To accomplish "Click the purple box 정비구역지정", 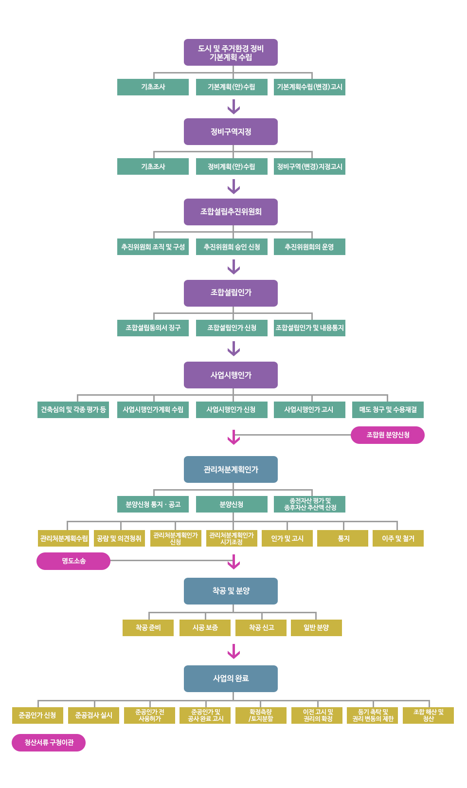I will (x=231, y=132).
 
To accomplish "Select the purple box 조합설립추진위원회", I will (x=231, y=212).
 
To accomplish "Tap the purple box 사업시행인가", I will (x=231, y=375).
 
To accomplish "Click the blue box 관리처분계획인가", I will (x=231, y=470).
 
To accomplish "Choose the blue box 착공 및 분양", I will (x=231, y=591).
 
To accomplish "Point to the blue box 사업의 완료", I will (x=231, y=678).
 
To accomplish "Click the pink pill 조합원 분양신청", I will (x=388, y=435).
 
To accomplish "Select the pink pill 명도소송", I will (x=73, y=561).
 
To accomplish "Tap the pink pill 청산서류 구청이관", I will (x=49, y=743).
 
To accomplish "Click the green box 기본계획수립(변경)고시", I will (x=309, y=87).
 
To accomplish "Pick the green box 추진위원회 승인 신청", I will (x=232, y=247).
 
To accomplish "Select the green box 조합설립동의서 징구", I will (x=153, y=328).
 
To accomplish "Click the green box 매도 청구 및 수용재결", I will (x=388, y=410).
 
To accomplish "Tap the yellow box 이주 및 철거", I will (x=398, y=538).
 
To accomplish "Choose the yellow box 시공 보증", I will (x=205, y=628).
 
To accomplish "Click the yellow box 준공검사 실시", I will (x=93, y=715).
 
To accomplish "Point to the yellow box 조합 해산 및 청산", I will (x=428, y=715).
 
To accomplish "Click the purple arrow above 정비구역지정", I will (x=234, y=107).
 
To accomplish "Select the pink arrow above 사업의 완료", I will (x=234, y=651).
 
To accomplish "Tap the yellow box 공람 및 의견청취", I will (x=119, y=538).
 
